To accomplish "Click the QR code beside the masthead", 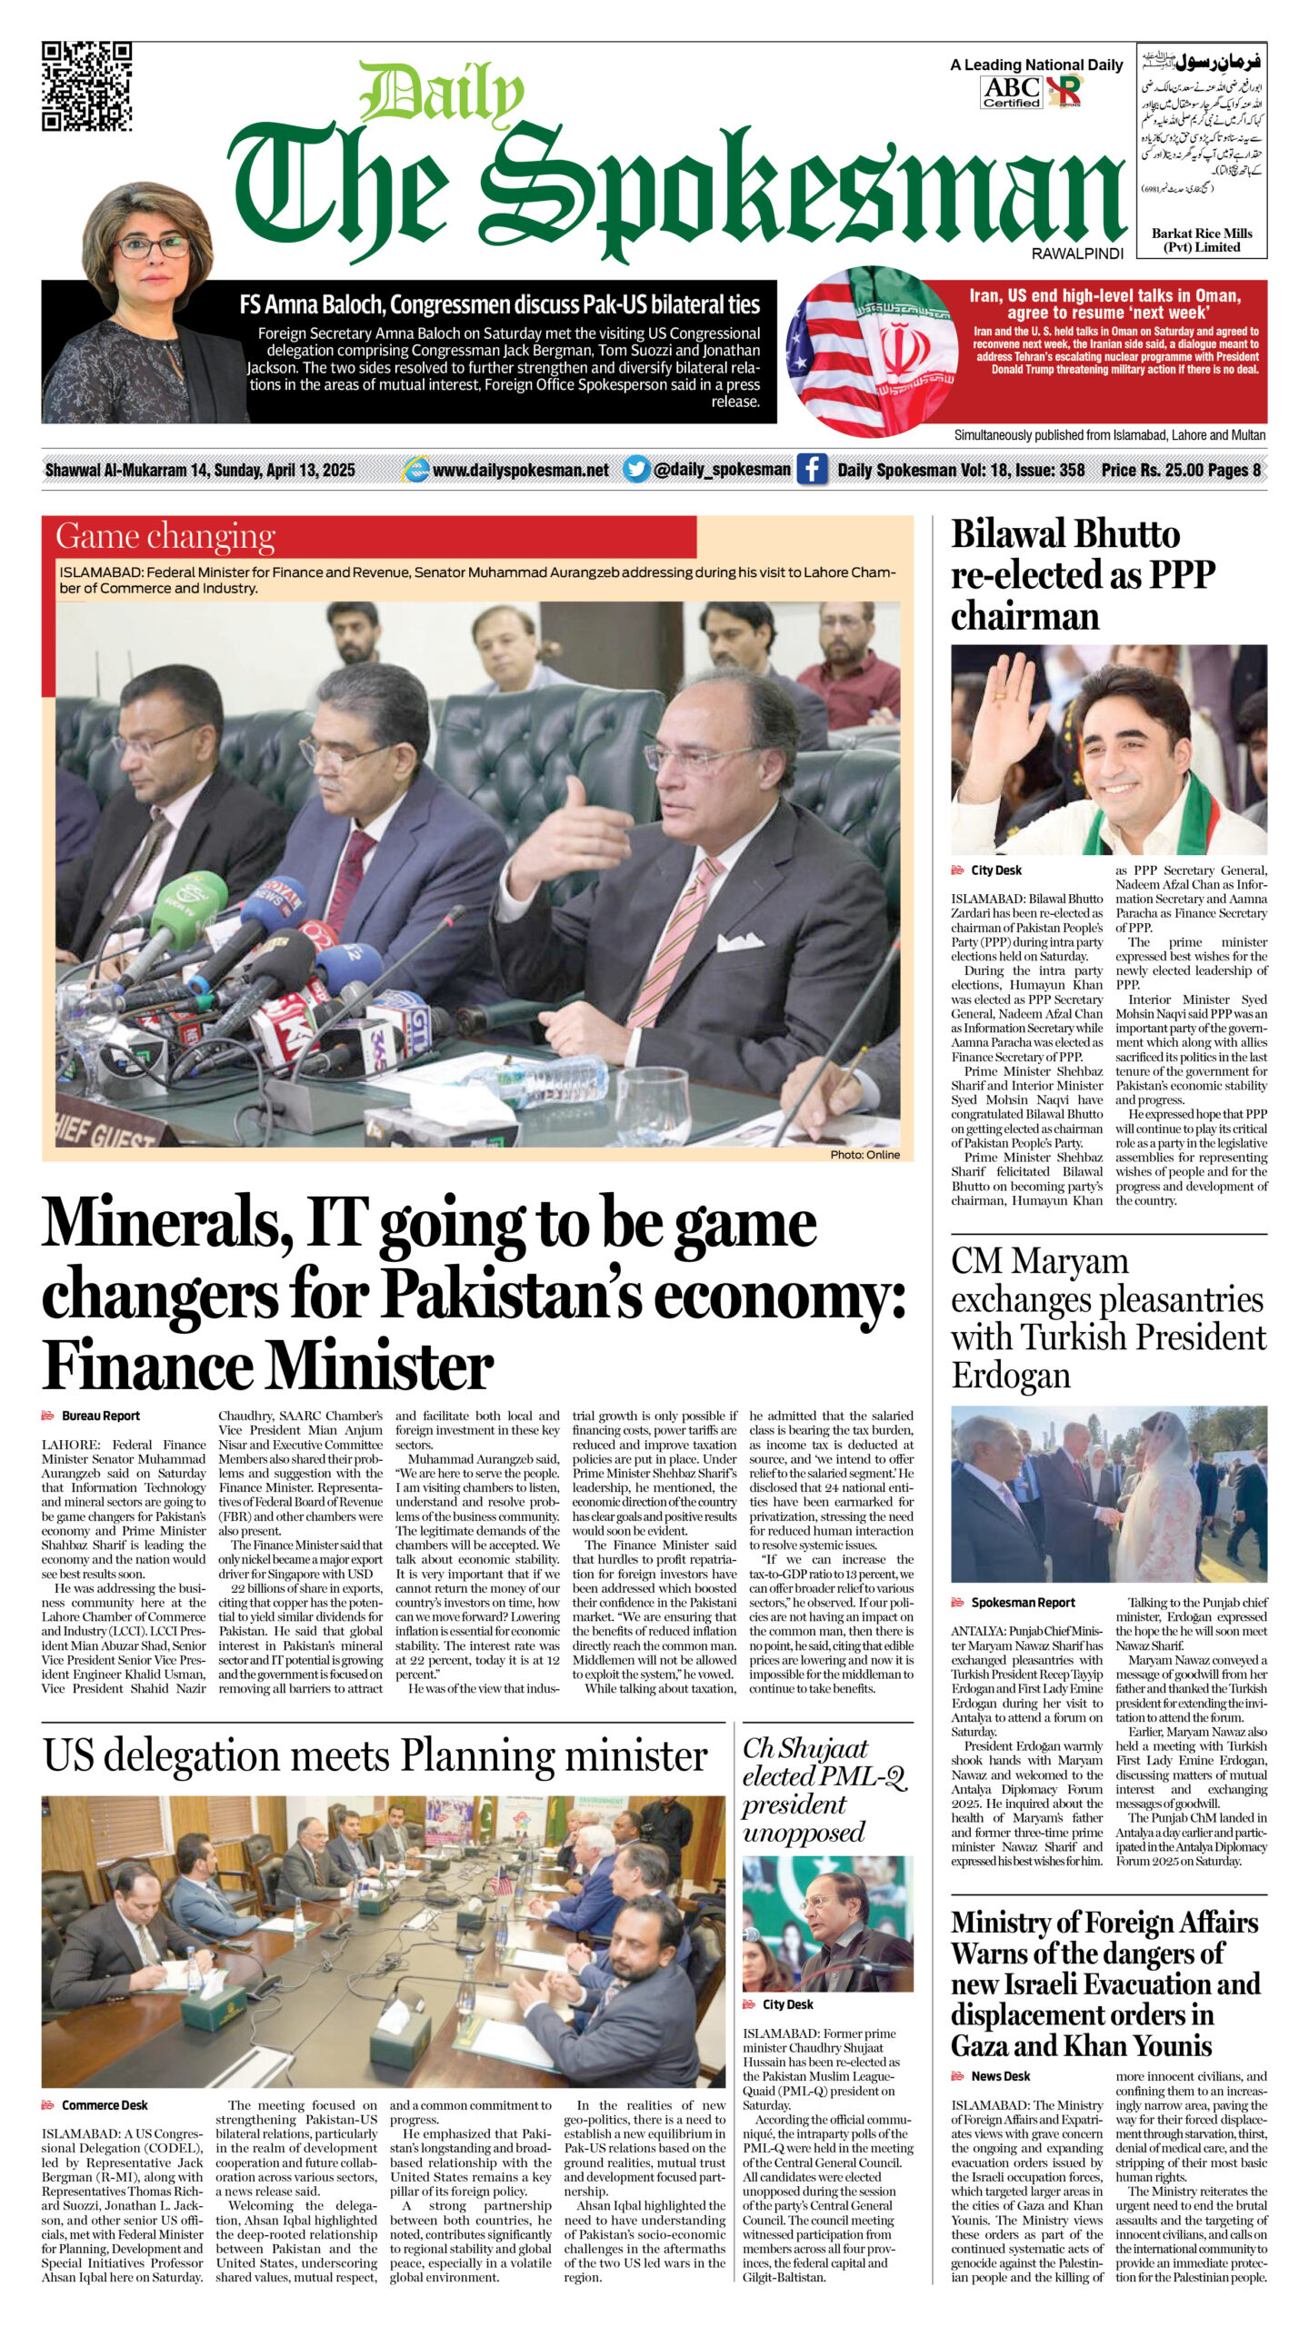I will (x=87, y=87).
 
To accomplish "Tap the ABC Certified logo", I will (x=1011, y=92).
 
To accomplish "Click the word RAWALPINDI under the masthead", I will (x=1077, y=253).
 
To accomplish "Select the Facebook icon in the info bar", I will (x=811, y=470).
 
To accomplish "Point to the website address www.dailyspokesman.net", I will (x=520, y=471).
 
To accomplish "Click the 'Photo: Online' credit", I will (x=864, y=1155).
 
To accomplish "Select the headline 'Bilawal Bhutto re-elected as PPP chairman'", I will (x=1081, y=575).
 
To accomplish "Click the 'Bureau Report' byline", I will (x=100, y=1416).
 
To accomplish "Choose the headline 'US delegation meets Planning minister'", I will (x=375, y=1755).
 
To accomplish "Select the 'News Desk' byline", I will (x=1000, y=2076).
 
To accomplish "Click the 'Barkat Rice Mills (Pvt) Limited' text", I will (x=1202, y=240).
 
